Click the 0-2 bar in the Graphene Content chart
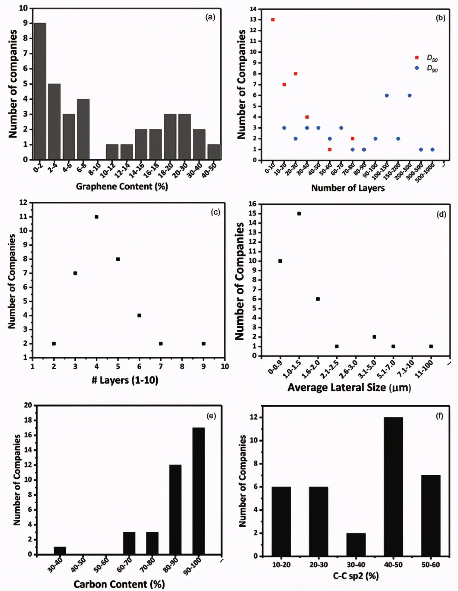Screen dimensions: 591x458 click(x=40, y=91)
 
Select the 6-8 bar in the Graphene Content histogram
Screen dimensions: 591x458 click(x=83, y=129)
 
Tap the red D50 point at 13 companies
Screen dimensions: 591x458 click(x=273, y=20)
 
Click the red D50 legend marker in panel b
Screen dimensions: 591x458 click(x=417, y=57)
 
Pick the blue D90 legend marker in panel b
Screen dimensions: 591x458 click(x=417, y=68)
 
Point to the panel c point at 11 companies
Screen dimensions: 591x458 click(x=97, y=217)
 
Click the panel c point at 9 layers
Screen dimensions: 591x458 click(x=203, y=344)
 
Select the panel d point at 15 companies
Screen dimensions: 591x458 click(x=299, y=214)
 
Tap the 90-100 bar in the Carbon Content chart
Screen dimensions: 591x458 click(x=198, y=491)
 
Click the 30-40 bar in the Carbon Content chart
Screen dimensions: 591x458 click(x=60, y=551)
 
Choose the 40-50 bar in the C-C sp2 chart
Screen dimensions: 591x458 click(x=393, y=487)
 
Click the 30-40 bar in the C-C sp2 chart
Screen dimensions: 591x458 click(x=356, y=545)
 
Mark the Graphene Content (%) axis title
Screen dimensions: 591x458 click(x=122, y=186)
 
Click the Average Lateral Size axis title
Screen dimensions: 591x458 click(x=349, y=387)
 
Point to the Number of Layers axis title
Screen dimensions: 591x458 click(x=348, y=188)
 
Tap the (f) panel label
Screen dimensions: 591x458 click(x=440, y=416)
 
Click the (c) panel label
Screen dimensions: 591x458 click(x=215, y=212)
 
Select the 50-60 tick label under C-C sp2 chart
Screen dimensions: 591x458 click(x=431, y=565)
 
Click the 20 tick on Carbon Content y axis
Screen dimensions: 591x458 click(x=28, y=405)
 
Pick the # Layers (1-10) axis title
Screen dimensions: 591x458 click(x=125, y=380)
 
